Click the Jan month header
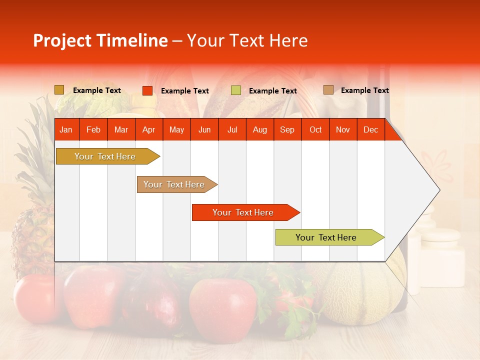(x=66, y=130)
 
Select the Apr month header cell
(x=148, y=130)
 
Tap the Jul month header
(x=232, y=130)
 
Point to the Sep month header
(x=287, y=130)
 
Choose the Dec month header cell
(x=370, y=130)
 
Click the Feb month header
(x=93, y=130)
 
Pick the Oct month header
(x=315, y=130)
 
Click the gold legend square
(x=59, y=90)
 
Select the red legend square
(x=147, y=90)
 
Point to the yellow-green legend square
(x=236, y=90)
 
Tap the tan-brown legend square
(x=328, y=90)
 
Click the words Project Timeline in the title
(x=100, y=40)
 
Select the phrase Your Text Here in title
(x=247, y=40)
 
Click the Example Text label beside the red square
(x=185, y=91)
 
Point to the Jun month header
(x=204, y=130)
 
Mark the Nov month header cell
(x=343, y=130)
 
